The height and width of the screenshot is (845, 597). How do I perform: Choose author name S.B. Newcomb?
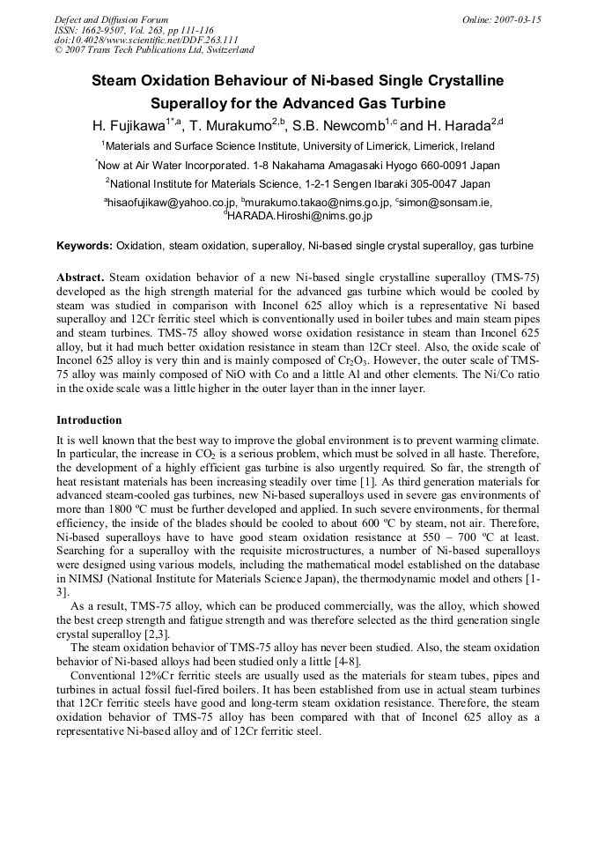337,125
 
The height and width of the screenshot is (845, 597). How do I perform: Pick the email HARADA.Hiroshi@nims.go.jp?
300,215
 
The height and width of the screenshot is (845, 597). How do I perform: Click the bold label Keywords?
85,245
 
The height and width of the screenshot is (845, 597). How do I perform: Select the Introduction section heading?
89,420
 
